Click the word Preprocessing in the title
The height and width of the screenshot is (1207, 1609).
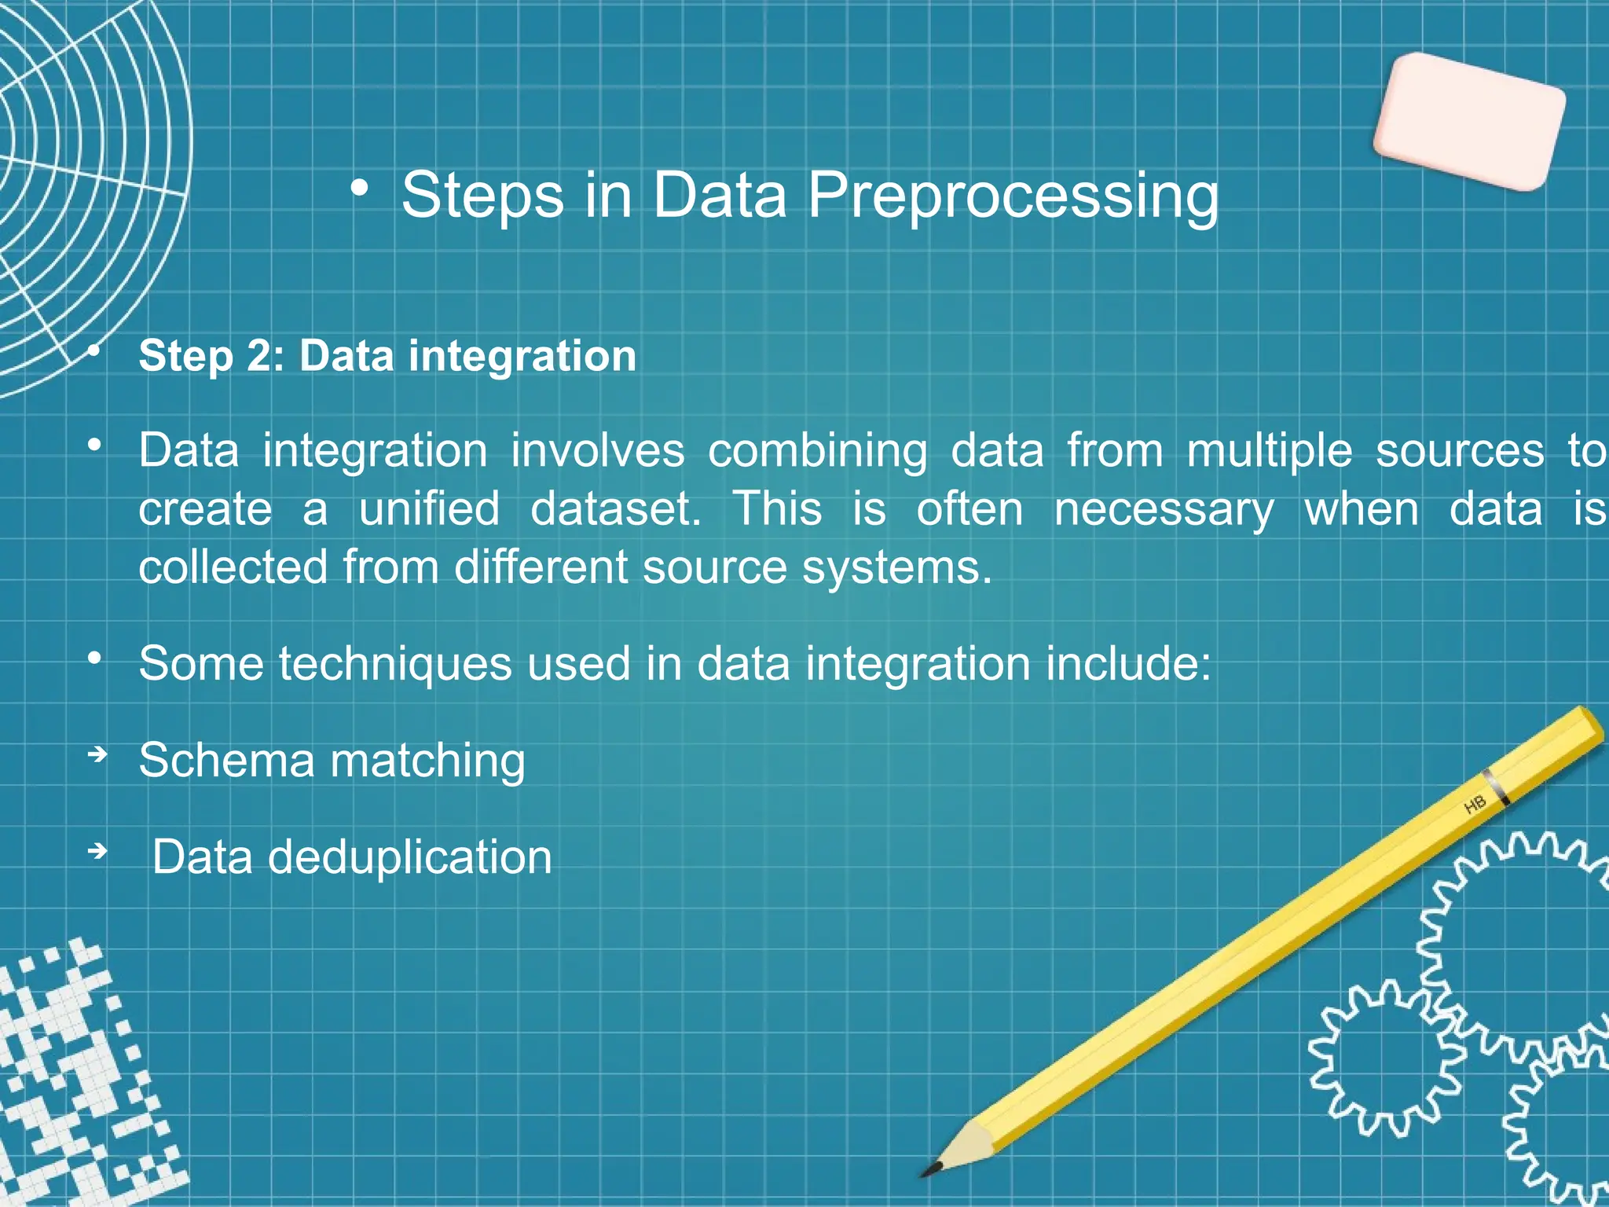click(x=1013, y=196)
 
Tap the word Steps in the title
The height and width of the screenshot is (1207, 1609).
click(x=482, y=196)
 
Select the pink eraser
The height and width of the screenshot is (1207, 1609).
click(x=1468, y=122)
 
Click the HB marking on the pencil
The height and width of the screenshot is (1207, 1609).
click(x=1475, y=805)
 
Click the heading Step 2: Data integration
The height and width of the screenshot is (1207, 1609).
click(x=387, y=356)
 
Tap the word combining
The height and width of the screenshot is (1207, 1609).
click(x=817, y=451)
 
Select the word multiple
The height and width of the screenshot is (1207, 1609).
click(x=1269, y=451)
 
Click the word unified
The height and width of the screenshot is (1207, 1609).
click(x=429, y=508)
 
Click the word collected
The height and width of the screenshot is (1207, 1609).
click(x=233, y=567)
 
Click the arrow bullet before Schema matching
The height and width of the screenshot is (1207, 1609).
click(x=97, y=755)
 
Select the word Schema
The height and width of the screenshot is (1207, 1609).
click(x=226, y=761)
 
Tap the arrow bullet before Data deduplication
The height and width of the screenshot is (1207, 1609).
click(x=97, y=851)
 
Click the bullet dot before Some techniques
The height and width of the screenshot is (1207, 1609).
click(x=94, y=659)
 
